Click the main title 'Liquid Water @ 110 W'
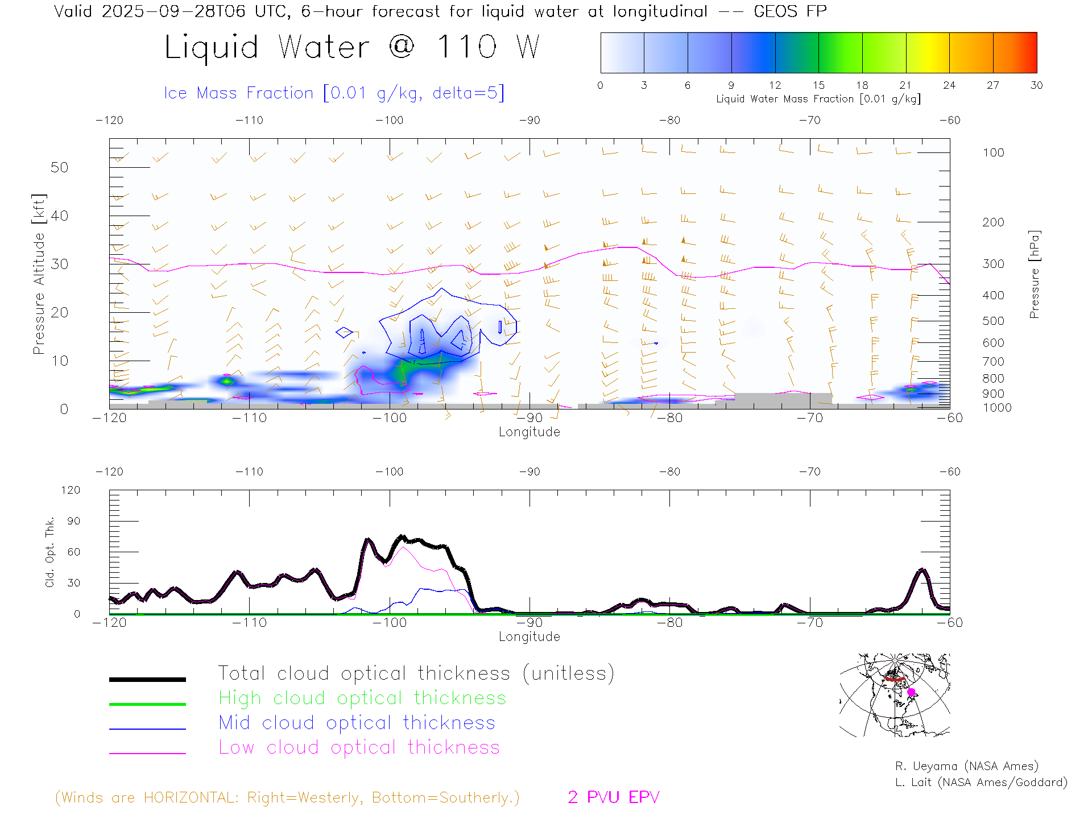tap(351, 47)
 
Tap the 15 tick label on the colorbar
tap(818, 85)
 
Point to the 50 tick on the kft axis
tap(59, 167)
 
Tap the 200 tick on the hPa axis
tap(993, 222)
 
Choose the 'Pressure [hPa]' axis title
tap(1034, 274)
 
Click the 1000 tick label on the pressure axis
tap(996, 408)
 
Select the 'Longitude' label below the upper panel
tap(529, 432)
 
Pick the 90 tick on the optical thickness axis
tap(73, 521)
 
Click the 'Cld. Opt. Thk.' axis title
tap(50, 552)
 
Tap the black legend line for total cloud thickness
tap(147, 679)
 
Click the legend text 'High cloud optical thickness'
tap(362, 698)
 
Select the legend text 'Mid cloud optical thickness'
tap(357, 723)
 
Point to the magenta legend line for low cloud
tap(147, 753)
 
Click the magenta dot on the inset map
tap(911, 692)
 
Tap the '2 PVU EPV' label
tap(613, 797)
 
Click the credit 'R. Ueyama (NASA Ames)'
tap(966, 766)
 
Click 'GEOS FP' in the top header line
tap(790, 11)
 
